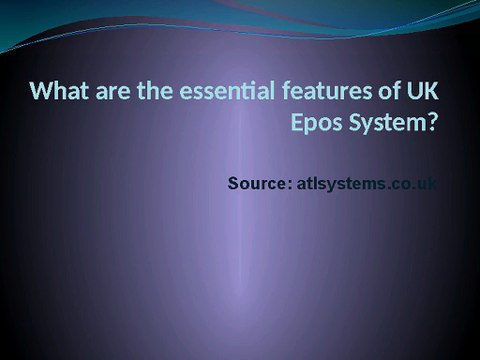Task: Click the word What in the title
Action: point(56,93)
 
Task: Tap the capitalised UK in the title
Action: point(422,93)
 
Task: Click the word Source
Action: point(258,184)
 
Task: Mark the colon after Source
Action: point(290,185)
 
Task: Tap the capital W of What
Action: point(42,93)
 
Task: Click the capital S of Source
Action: point(234,184)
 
